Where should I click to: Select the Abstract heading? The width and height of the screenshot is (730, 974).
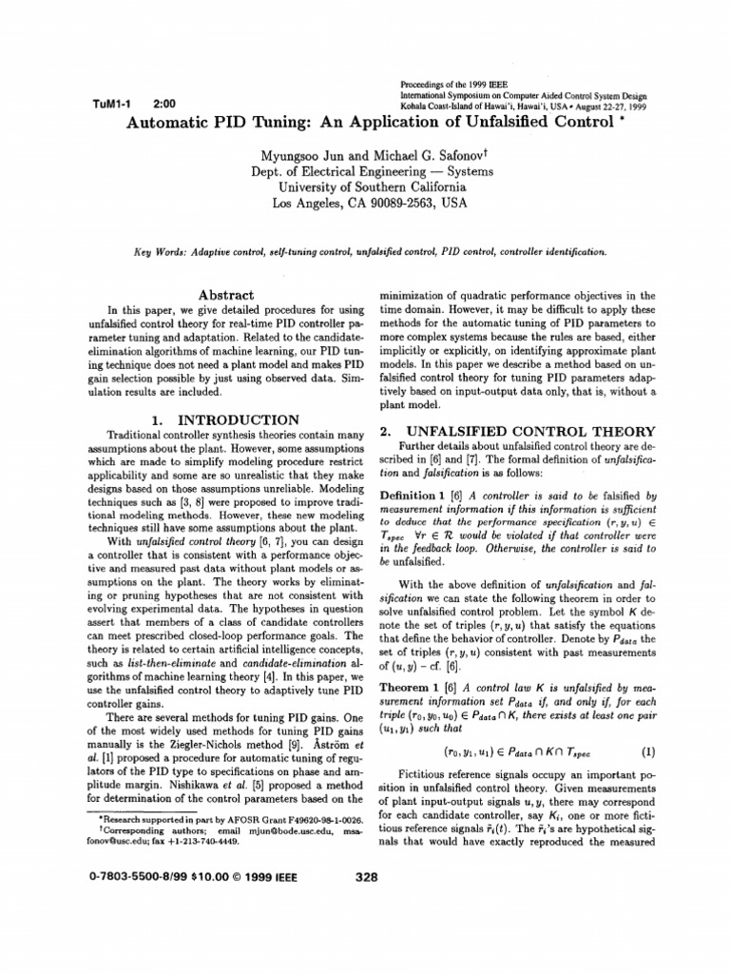point(224,295)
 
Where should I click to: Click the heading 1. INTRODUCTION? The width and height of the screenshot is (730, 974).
point(225,419)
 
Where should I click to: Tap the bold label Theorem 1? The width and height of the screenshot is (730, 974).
point(414,686)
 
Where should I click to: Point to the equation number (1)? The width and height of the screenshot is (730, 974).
point(648,750)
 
